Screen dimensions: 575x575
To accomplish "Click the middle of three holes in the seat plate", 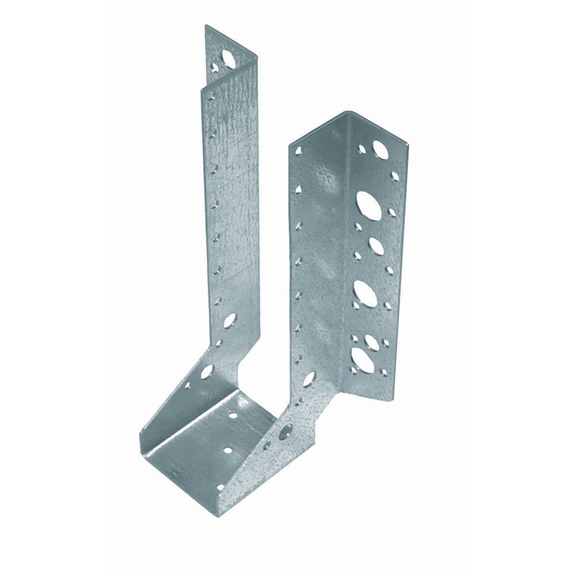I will pyautogui.click(x=229, y=453).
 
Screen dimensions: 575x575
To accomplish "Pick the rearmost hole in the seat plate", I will pyautogui.click(x=234, y=414).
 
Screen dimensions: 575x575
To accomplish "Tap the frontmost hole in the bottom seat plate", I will pyautogui.click(x=219, y=489).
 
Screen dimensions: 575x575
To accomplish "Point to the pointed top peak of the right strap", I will pyautogui.click(x=343, y=112).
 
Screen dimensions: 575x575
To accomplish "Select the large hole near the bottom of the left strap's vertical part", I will pyautogui.click(x=229, y=320).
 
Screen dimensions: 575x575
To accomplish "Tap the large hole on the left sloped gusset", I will pyautogui.click(x=206, y=371).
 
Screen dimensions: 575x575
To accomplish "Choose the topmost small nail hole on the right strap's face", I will pyautogui.click(x=299, y=152).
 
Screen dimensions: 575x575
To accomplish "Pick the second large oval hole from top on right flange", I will pyautogui.click(x=366, y=202).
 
